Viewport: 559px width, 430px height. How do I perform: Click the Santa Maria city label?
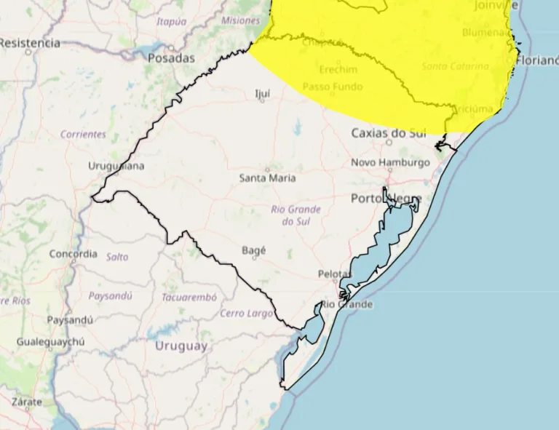click(267, 178)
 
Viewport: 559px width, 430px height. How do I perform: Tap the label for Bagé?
click(253, 250)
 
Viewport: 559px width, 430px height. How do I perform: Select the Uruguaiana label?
click(116, 166)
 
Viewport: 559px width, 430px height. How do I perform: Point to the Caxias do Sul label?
click(389, 133)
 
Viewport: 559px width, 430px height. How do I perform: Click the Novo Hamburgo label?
click(390, 162)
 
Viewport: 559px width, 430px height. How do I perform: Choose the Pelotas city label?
click(335, 274)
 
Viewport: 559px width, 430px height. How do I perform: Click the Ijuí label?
click(262, 93)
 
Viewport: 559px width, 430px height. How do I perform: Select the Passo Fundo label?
click(333, 87)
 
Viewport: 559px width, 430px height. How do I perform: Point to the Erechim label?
click(338, 69)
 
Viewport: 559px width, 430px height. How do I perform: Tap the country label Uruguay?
click(181, 346)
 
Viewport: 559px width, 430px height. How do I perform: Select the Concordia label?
click(73, 254)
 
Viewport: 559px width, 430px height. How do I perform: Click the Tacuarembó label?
click(189, 298)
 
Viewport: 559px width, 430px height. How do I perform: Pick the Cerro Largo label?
click(247, 314)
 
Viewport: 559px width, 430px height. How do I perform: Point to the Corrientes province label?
click(83, 135)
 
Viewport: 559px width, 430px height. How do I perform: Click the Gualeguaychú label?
click(51, 341)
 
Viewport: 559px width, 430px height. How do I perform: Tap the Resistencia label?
click(29, 43)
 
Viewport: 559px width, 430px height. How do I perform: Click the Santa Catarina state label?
click(455, 66)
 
